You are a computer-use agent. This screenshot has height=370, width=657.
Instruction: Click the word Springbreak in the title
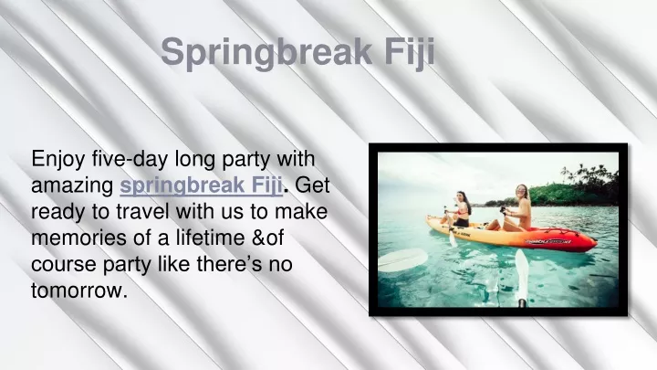[266, 52]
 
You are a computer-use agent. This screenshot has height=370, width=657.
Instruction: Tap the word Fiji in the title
[409, 52]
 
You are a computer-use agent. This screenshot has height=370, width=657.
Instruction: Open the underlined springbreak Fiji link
[201, 185]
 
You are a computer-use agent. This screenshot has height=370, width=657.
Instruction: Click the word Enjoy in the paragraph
[57, 160]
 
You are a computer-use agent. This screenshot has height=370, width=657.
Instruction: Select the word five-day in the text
[130, 159]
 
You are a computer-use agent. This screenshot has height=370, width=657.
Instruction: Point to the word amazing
[72, 186]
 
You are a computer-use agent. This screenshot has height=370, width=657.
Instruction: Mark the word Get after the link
[313, 185]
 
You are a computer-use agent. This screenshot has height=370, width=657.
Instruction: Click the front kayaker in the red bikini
[459, 210]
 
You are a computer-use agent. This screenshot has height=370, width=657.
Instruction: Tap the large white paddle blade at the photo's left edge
[402, 259]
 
